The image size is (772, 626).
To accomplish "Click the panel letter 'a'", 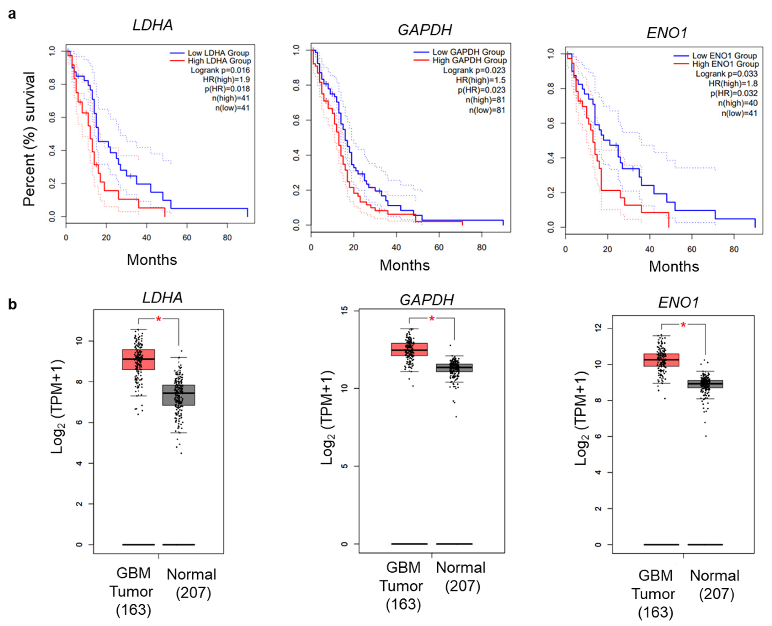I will [x=12, y=14].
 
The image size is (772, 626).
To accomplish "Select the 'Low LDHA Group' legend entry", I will [x=218, y=53].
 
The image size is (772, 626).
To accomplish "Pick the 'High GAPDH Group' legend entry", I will [x=469, y=60].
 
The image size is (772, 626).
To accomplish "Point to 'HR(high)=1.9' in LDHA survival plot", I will [x=226, y=79].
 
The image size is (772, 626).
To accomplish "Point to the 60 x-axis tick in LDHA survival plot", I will [x=187, y=238].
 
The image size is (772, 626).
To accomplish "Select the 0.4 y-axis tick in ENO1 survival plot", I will [x=551, y=158].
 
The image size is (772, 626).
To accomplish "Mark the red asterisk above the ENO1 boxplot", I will [x=683, y=325].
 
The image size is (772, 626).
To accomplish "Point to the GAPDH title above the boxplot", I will [x=426, y=300].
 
